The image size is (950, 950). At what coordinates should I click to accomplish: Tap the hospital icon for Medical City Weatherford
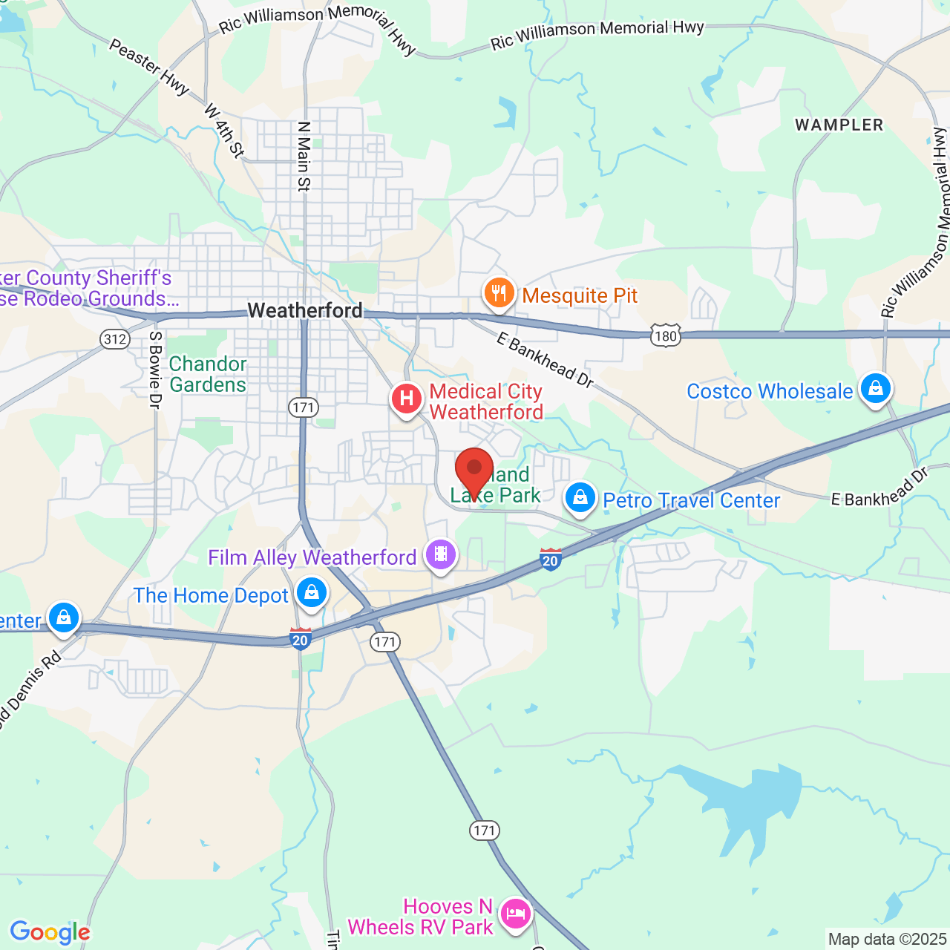click(x=406, y=399)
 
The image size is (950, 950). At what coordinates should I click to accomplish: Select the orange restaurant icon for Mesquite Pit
click(x=499, y=294)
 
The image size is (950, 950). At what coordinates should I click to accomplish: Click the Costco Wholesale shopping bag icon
click(x=876, y=388)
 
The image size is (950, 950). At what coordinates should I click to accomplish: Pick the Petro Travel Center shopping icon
click(x=580, y=498)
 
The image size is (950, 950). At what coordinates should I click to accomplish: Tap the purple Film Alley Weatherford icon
click(x=441, y=554)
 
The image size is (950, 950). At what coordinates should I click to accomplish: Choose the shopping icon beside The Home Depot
click(x=312, y=593)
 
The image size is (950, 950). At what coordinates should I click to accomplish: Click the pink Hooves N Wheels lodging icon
click(x=516, y=914)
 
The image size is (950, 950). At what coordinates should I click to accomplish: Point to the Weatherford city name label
click(x=305, y=310)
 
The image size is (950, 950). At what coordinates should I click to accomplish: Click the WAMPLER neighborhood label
click(x=839, y=125)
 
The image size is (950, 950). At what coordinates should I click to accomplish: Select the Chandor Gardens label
click(x=208, y=374)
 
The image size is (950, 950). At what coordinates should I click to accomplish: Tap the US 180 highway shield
click(x=666, y=335)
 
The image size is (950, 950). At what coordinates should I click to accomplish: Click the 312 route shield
click(x=115, y=339)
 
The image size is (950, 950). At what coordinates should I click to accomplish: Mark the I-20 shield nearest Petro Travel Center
click(x=550, y=559)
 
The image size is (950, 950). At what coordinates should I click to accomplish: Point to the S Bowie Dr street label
click(x=155, y=370)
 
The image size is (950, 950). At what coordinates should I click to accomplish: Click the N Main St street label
click(x=304, y=157)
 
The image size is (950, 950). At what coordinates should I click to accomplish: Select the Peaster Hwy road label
click(x=148, y=67)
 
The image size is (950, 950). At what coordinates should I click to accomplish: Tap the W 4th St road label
click(x=223, y=131)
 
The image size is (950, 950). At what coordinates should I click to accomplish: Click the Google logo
click(x=50, y=932)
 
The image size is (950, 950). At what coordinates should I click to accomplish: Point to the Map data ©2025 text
click(x=887, y=940)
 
